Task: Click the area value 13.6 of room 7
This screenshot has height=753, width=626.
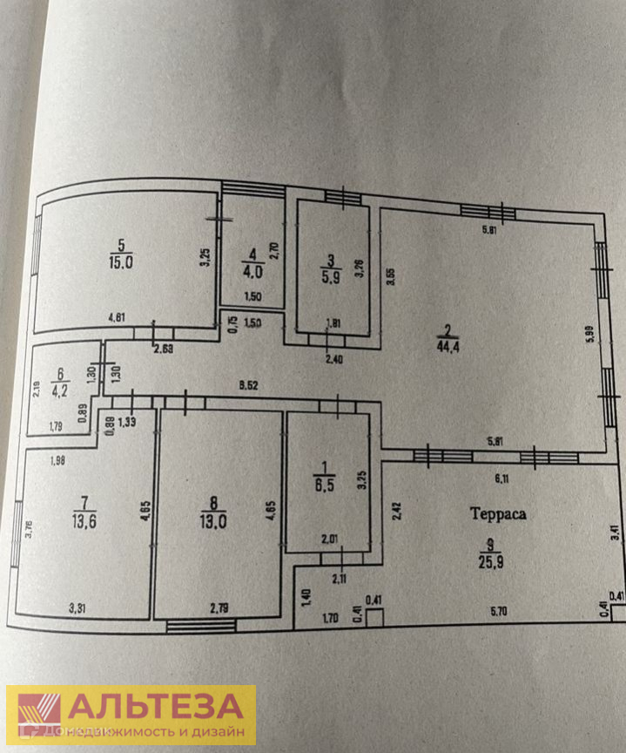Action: tap(84, 521)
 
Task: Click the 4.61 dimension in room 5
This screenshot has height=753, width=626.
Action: tap(118, 317)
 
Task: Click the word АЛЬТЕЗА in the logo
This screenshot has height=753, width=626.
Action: tap(155, 705)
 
